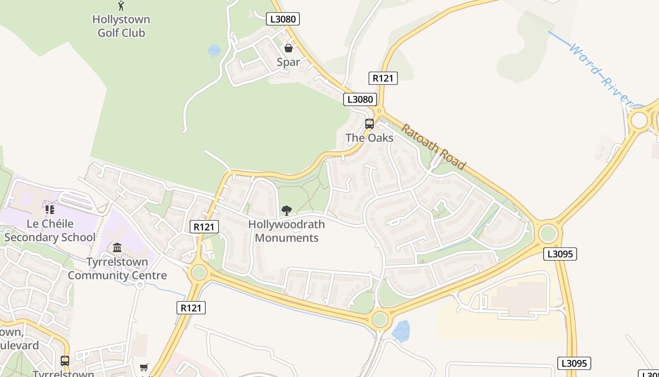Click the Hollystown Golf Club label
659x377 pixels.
pos(121,26)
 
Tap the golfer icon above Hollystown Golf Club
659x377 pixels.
pos(121,6)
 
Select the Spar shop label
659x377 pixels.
pos(288,62)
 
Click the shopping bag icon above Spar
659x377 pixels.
pos(289,48)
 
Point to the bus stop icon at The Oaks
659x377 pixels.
pos(370,124)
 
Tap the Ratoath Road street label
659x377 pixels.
pos(434,147)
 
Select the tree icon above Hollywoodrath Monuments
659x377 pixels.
pos(286,211)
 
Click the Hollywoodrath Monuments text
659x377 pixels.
pos(286,231)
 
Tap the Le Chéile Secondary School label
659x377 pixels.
pos(50,230)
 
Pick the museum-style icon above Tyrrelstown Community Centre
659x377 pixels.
pos(117,247)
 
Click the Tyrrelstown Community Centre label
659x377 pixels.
pos(117,269)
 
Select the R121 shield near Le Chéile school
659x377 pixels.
pos(204,227)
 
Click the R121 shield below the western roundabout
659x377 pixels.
pos(192,308)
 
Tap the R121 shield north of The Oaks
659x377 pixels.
pos(383,78)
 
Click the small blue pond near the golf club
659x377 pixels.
pos(214,50)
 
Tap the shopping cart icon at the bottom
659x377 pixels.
pos(144,367)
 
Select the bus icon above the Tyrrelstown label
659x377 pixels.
pos(65,361)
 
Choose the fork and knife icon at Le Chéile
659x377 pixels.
pos(50,209)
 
